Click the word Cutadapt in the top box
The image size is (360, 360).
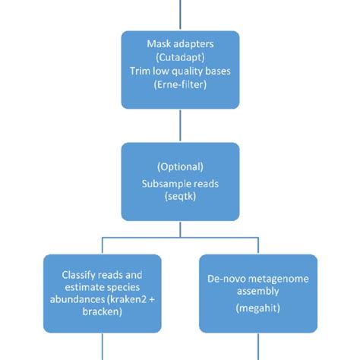pyautogui.click(x=180, y=58)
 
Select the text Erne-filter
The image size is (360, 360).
pyautogui.click(x=180, y=85)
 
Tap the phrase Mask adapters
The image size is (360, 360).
pyautogui.click(x=180, y=44)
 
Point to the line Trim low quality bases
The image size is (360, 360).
pyautogui.click(x=180, y=71)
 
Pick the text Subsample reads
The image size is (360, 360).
pyautogui.click(x=180, y=182)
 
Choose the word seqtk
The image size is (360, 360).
pyautogui.click(x=180, y=196)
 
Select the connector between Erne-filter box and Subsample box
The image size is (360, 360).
pyautogui.click(x=180, y=122)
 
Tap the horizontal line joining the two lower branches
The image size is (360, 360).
pyautogui.click(x=180, y=237)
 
